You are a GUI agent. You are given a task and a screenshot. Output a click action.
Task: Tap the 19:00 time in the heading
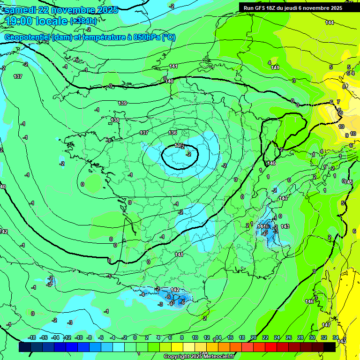tap(22, 21)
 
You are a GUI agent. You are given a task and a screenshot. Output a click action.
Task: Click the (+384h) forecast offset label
tap(83, 21)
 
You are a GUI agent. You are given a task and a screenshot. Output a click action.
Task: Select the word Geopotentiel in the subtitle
tap(26, 37)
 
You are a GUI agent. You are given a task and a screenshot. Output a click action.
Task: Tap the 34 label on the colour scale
tap(336, 337)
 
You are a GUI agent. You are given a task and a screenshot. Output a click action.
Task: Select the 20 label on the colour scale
tap(254, 337)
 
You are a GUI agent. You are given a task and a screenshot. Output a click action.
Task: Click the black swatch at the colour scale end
tap(330, 347)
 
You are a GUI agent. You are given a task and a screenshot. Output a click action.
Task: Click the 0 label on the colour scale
tap(135, 337)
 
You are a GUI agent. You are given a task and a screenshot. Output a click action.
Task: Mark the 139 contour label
tap(122, 103)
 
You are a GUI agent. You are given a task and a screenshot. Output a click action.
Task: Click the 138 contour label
tap(115, 120)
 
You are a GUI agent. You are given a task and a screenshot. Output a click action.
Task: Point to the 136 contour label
tap(172, 133)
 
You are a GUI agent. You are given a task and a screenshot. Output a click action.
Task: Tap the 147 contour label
tap(326, 325)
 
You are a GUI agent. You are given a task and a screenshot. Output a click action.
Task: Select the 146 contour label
tap(309, 301)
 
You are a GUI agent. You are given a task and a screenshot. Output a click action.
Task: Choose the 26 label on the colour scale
tap(289, 337)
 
